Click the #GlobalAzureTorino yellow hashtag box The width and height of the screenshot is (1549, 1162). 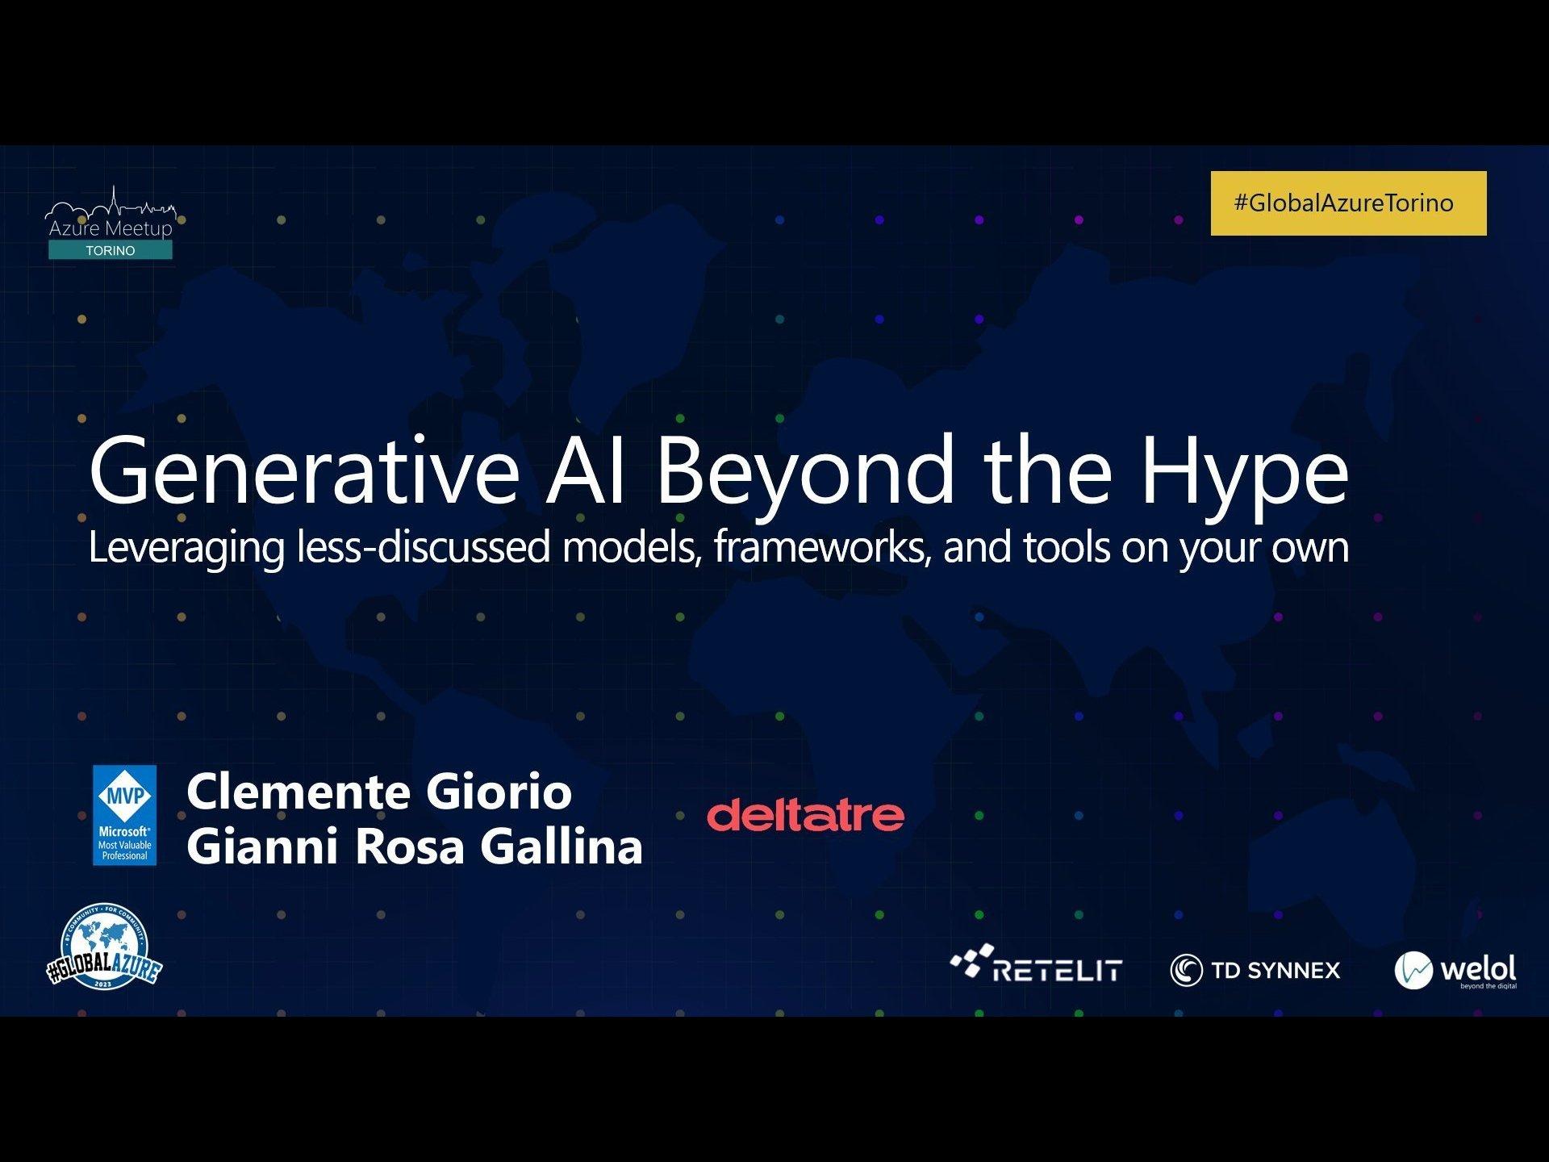coord(1348,203)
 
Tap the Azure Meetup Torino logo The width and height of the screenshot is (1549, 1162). coord(111,224)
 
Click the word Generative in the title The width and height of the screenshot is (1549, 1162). coord(304,470)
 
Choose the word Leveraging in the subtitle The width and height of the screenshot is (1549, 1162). coord(186,549)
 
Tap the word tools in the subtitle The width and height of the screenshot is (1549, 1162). coord(1067,546)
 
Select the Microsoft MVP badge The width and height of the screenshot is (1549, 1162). coord(124,815)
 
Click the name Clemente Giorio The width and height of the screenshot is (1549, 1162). coord(379,792)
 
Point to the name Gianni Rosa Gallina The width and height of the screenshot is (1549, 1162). coord(415,846)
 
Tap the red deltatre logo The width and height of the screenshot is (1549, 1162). coord(805,816)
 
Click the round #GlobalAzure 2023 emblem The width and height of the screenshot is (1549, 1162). coord(105,946)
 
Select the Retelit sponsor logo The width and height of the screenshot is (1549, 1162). coord(1036,963)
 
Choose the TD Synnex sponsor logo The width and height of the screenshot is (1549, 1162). coord(1255,970)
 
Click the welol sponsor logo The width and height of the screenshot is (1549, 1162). coord(1455,970)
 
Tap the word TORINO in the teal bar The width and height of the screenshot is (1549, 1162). coord(111,251)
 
